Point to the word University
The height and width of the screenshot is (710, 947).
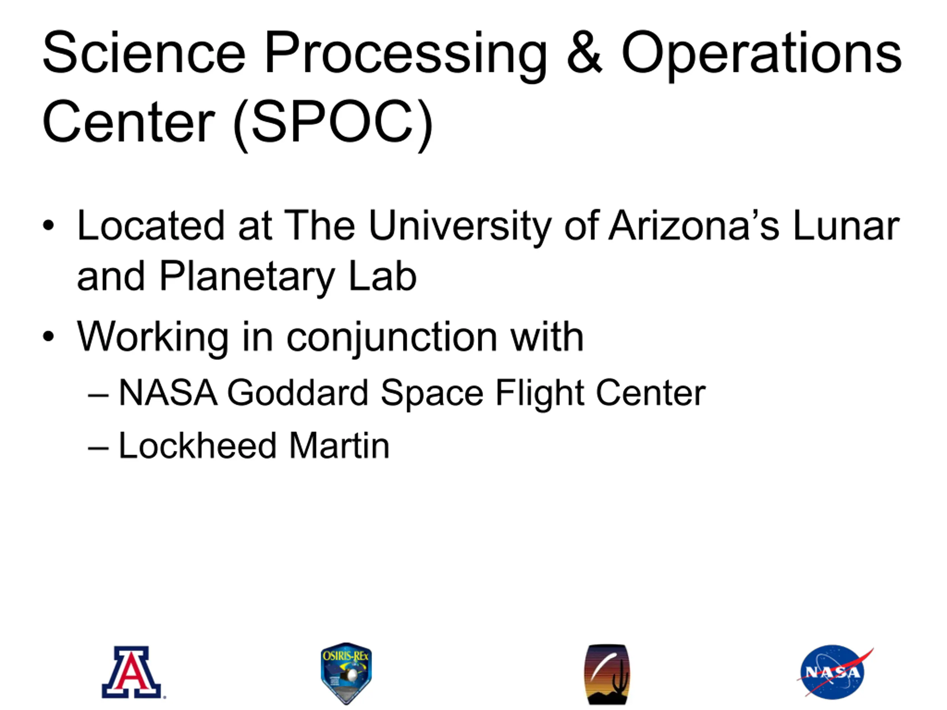(x=459, y=227)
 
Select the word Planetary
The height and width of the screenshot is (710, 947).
(x=246, y=278)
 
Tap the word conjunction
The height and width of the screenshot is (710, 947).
(x=392, y=338)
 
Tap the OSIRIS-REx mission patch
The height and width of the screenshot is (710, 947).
(x=346, y=673)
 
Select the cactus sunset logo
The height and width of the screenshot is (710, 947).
(x=607, y=674)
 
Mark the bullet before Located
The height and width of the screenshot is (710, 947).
(x=49, y=226)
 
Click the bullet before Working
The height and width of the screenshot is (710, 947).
(x=49, y=337)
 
